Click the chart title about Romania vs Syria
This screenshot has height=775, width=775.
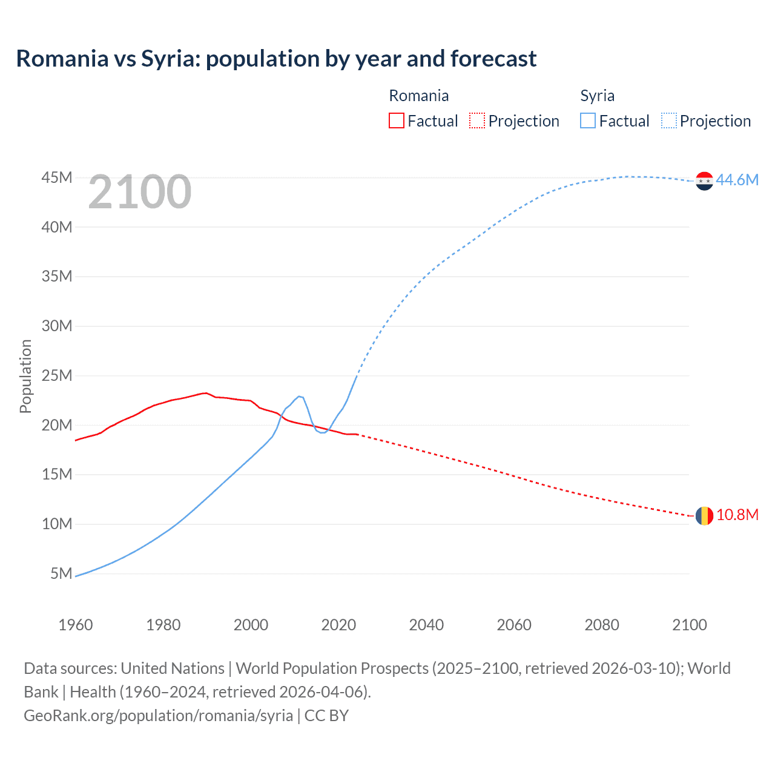click(276, 59)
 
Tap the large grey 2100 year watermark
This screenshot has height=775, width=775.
click(140, 192)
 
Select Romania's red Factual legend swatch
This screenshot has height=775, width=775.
click(396, 120)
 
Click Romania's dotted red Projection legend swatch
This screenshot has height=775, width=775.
click(477, 120)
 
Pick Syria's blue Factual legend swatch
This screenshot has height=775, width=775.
click(588, 120)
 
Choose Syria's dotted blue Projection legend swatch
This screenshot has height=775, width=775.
click(669, 120)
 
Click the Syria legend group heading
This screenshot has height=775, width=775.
click(597, 96)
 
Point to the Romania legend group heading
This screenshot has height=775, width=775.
click(418, 96)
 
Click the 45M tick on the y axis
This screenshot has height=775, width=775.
click(57, 177)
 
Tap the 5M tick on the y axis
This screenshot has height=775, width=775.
click(61, 573)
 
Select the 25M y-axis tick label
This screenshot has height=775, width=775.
click(57, 375)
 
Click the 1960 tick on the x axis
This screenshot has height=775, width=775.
click(76, 625)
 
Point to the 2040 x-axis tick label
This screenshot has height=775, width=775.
click(426, 625)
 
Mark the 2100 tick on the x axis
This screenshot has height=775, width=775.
click(689, 625)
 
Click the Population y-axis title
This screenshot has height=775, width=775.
click(25, 376)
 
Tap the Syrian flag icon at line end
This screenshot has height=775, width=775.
click(704, 180)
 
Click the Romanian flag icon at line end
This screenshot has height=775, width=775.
click(704, 515)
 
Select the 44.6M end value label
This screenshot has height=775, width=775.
click(737, 180)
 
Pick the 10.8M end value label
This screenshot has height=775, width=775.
click(737, 515)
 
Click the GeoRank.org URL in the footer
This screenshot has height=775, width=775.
click(159, 715)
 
